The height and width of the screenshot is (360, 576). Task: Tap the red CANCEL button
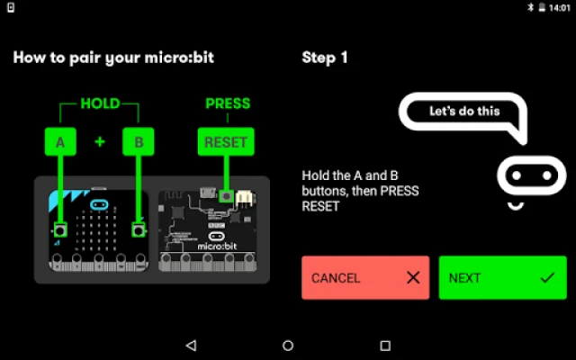click(365, 277)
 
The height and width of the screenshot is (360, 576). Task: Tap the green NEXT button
click(502, 277)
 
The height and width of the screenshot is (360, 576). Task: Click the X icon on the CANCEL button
click(413, 277)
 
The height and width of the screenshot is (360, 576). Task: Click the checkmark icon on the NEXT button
click(547, 277)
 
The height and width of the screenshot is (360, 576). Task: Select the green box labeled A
click(60, 141)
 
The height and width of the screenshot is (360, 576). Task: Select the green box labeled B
click(138, 141)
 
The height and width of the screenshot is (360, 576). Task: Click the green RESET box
click(226, 141)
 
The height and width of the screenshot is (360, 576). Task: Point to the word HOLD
click(100, 103)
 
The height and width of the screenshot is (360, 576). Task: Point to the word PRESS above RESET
click(227, 103)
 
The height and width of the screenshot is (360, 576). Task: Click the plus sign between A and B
click(99, 141)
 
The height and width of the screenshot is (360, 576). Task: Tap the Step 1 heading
click(324, 58)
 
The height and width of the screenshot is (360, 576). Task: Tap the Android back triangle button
click(190, 345)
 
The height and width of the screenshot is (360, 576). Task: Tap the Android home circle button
click(288, 345)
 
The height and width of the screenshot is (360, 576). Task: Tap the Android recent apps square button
click(385, 345)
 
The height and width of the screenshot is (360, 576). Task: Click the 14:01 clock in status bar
click(558, 6)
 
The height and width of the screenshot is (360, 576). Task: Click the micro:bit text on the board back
click(217, 245)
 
